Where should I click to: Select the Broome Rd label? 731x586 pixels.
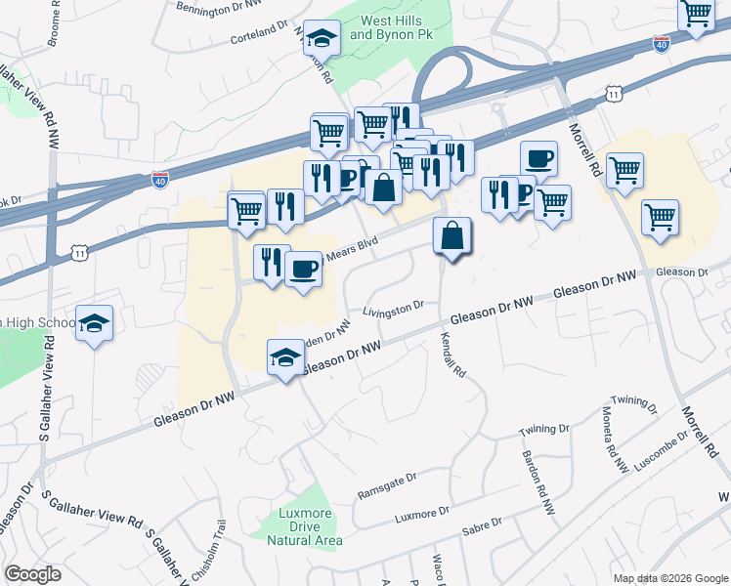pyautogui.click(x=52, y=23)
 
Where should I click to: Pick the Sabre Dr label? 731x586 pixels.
pyautogui.click(x=481, y=525)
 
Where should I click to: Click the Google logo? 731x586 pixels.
pyautogui.click(x=32, y=574)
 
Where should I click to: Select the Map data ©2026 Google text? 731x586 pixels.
pyautogui.click(x=670, y=578)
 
